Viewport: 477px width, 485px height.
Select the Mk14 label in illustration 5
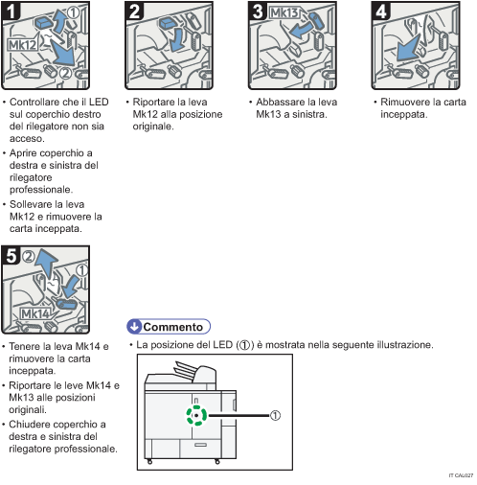(x=36, y=313)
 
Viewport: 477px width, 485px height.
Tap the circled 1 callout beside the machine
(x=274, y=416)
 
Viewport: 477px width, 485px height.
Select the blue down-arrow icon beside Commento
(x=135, y=326)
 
